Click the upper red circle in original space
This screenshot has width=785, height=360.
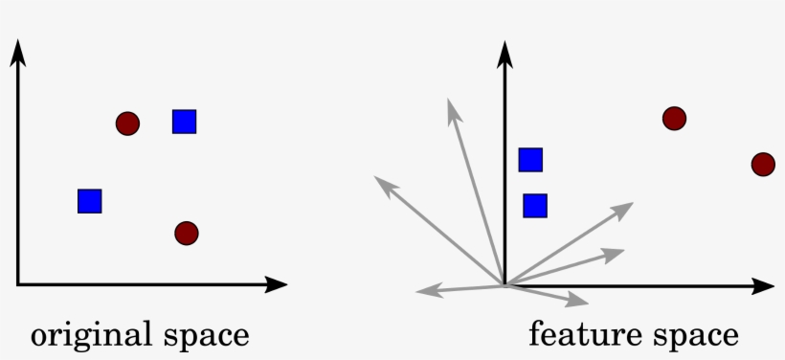click(127, 123)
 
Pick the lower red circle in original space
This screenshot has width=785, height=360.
click(187, 233)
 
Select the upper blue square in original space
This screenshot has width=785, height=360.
click(184, 122)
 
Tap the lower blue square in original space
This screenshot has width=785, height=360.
click(90, 200)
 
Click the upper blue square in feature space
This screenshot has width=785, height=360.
click(530, 160)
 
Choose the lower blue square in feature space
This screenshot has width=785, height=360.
click(535, 205)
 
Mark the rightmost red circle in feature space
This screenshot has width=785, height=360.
click(762, 165)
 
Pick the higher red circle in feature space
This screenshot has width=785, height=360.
click(674, 119)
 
